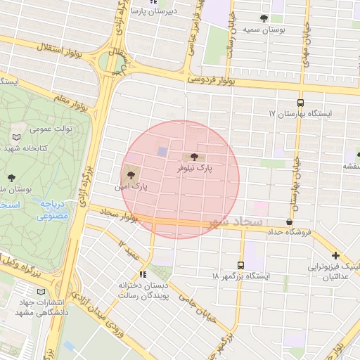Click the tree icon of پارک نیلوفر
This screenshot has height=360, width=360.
click(194, 157)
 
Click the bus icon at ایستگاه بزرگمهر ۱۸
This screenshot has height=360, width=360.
click(241, 266)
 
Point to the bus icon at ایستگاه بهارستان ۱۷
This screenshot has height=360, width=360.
click(301, 103)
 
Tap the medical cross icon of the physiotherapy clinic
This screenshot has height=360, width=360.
click(335, 256)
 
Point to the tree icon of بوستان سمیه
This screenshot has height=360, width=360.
click(264, 18)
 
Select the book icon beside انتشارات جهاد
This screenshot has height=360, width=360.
click(40, 291)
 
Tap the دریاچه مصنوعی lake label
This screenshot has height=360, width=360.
click(53, 209)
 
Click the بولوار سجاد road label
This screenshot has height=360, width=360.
click(115, 213)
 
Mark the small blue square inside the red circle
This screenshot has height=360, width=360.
click(162, 151)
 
